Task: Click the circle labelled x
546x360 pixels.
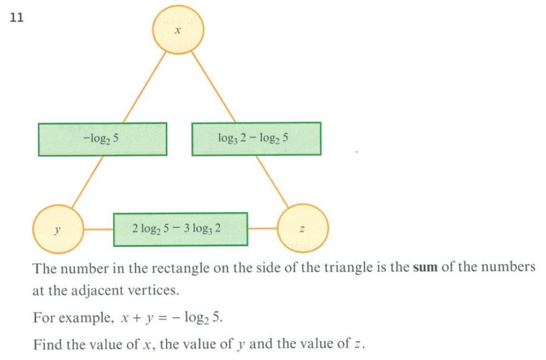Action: pos(178,31)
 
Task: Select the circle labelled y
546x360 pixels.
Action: pos(58,229)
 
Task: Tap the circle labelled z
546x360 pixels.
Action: pos(303,229)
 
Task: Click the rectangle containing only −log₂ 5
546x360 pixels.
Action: pos(102,139)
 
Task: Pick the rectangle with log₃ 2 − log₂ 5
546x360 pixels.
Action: pos(256,139)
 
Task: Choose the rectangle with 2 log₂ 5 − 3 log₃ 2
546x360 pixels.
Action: pos(180,229)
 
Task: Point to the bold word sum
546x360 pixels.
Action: pos(425,268)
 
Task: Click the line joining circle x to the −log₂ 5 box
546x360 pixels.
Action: pos(144,87)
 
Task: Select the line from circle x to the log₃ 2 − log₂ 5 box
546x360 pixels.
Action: pos(214,87)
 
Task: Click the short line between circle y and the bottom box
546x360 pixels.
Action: pos(99,229)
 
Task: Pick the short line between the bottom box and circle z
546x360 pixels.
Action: pos(263,229)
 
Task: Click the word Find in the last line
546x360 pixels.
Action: pos(47,345)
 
